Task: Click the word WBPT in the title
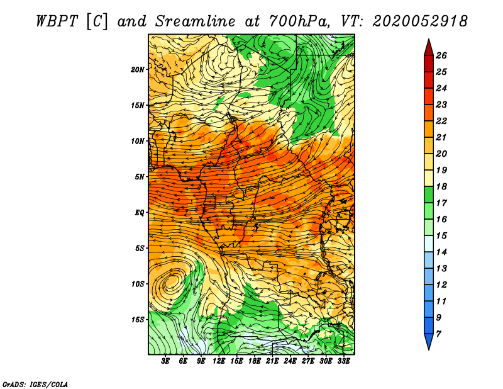click(x=57, y=21)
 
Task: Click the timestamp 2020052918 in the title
click(x=420, y=21)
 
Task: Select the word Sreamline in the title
click(x=196, y=21)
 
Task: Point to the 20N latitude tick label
click(x=138, y=70)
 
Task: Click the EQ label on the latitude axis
click(x=140, y=213)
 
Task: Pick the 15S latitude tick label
click(x=138, y=320)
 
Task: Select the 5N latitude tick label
click(x=140, y=177)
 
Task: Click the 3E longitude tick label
click(x=165, y=361)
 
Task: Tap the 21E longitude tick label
click(x=272, y=361)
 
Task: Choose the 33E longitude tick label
click(x=343, y=361)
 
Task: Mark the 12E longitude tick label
click(x=219, y=361)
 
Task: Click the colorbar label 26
click(x=441, y=55)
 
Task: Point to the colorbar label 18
click(x=441, y=186)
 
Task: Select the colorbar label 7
click(x=438, y=334)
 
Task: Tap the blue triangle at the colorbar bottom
click(x=429, y=341)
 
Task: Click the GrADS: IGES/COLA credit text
click(x=35, y=384)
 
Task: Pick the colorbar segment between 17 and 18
click(x=429, y=194)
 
